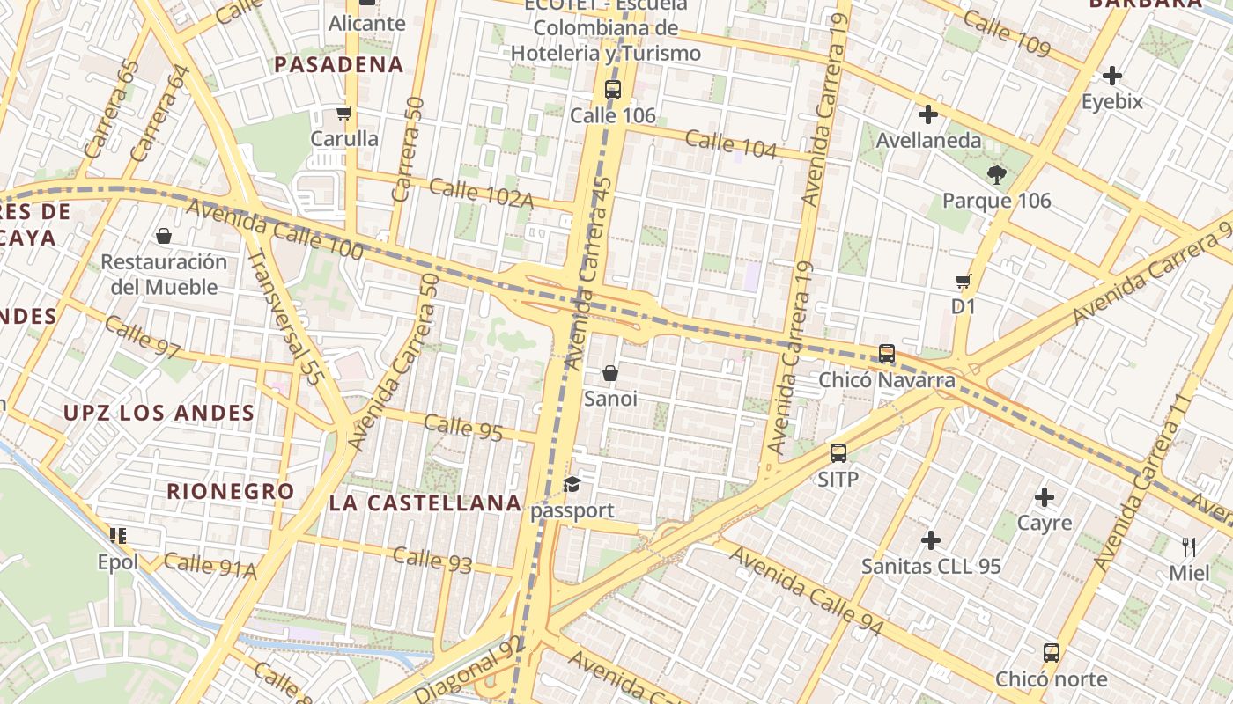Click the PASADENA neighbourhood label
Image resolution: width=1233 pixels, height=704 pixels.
(x=339, y=64)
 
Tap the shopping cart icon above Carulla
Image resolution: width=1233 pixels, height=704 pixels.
(x=343, y=113)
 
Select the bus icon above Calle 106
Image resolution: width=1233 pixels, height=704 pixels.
(x=612, y=89)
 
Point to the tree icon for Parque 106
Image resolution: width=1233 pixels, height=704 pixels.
(x=996, y=174)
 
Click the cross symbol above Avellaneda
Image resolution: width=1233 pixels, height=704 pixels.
(x=927, y=114)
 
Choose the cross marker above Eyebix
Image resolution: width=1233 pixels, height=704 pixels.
(x=1111, y=76)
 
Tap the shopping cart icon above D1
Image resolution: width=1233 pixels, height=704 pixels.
(x=963, y=282)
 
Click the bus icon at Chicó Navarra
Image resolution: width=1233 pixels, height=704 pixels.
(x=887, y=354)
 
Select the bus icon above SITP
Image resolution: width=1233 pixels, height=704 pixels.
(x=838, y=453)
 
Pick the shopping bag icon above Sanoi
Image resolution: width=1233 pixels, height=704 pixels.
(x=610, y=373)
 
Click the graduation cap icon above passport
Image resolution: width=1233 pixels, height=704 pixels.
(x=572, y=484)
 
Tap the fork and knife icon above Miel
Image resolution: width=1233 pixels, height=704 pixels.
(x=1189, y=546)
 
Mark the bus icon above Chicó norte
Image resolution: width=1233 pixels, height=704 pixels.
(x=1051, y=653)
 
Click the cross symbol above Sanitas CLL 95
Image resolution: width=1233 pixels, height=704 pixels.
(x=931, y=539)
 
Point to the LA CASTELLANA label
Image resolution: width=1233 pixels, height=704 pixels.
(x=425, y=502)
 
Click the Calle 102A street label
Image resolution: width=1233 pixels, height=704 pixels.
(x=482, y=194)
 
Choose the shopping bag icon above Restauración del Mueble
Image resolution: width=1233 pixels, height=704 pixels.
(x=164, y=236)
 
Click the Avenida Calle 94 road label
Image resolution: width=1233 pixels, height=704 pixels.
(x=805, y=591)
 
